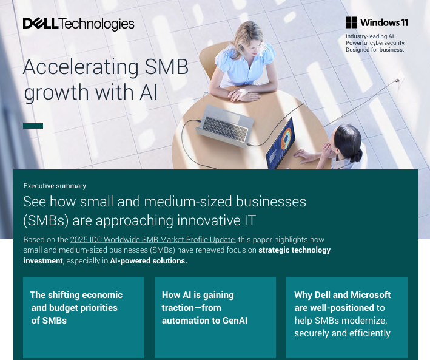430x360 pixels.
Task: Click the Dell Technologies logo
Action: pyautogui.click(x=78, y=24)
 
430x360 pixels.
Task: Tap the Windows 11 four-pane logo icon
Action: pyautogui.click(x=351, y=22)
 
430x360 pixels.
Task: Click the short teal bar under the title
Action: pyautogui.click(x=33, y=126)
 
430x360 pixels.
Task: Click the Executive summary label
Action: pyautogui.click(x=55, y=186)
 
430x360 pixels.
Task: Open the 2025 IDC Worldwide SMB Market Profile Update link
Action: pyautogui.click(x=152, y=239)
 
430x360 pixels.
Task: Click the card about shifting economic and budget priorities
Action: pyautogui.click(x=84, y=316)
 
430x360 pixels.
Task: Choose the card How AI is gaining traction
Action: pyautogui.click(x=215, y=316)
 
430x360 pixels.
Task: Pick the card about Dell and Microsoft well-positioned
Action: pyautogui.click(x=347, y=316)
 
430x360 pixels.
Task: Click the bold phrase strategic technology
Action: pyautogui.click(x=295, y=250)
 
